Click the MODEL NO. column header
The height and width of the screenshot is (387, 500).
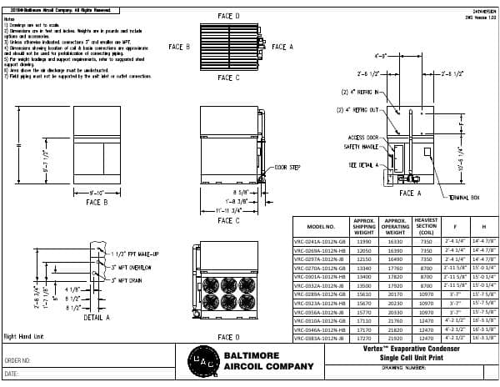[x=321, y=226]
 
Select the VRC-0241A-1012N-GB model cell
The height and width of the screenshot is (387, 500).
[x=321, y=241]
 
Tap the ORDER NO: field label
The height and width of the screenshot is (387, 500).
[x=18, y=361]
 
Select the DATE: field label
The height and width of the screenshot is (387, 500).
[x=12, y=374]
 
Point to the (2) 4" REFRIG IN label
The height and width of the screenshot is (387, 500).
[x=359, y=92]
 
